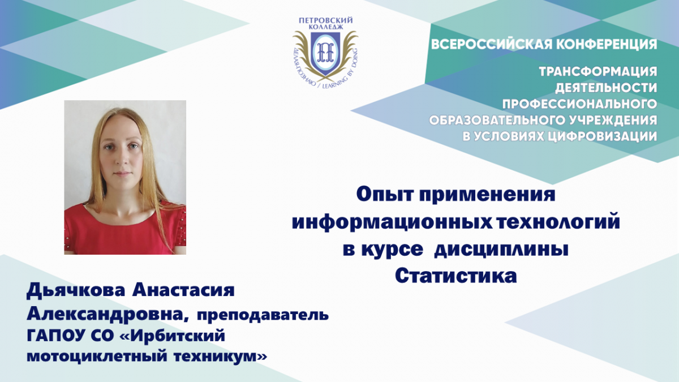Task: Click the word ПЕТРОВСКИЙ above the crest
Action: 325,20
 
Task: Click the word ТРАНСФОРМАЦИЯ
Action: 598,72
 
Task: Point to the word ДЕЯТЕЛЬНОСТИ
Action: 606,88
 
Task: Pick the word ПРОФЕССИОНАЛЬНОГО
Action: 579,104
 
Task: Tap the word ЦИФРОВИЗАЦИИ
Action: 603,137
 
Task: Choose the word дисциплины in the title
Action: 501,250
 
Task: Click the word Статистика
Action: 456,276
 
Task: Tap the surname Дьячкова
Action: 76,290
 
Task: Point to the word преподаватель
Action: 263,316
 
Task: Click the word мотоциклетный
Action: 97,355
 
